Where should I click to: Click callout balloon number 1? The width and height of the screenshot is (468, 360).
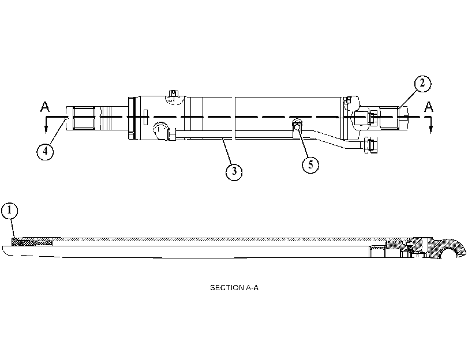click(10, 211)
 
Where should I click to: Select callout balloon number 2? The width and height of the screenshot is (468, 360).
click(422, 83)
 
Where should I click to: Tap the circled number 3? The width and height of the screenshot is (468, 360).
click(234, 172)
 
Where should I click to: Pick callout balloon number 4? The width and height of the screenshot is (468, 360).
click(45, 151)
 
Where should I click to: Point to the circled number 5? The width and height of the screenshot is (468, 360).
click(310, 164)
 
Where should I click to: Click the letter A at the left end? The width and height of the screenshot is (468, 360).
click(45, 107)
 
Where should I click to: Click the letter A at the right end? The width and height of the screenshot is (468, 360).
click(429, 107)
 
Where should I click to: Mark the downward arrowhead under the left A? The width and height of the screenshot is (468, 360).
click(46, 129)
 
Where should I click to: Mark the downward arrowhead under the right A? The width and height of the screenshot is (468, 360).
click(430, 129)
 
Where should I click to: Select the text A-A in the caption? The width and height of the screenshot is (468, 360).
click(252, 288)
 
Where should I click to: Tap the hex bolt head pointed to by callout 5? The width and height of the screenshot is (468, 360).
click(297, 127)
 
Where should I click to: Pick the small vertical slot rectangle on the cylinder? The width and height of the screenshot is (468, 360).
click(145, 117)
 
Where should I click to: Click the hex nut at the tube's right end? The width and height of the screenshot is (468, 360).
click(370, 146)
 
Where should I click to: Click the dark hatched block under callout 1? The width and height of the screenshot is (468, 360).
click(32, 242)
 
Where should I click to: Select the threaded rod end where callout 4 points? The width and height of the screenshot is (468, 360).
click(84, 118)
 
